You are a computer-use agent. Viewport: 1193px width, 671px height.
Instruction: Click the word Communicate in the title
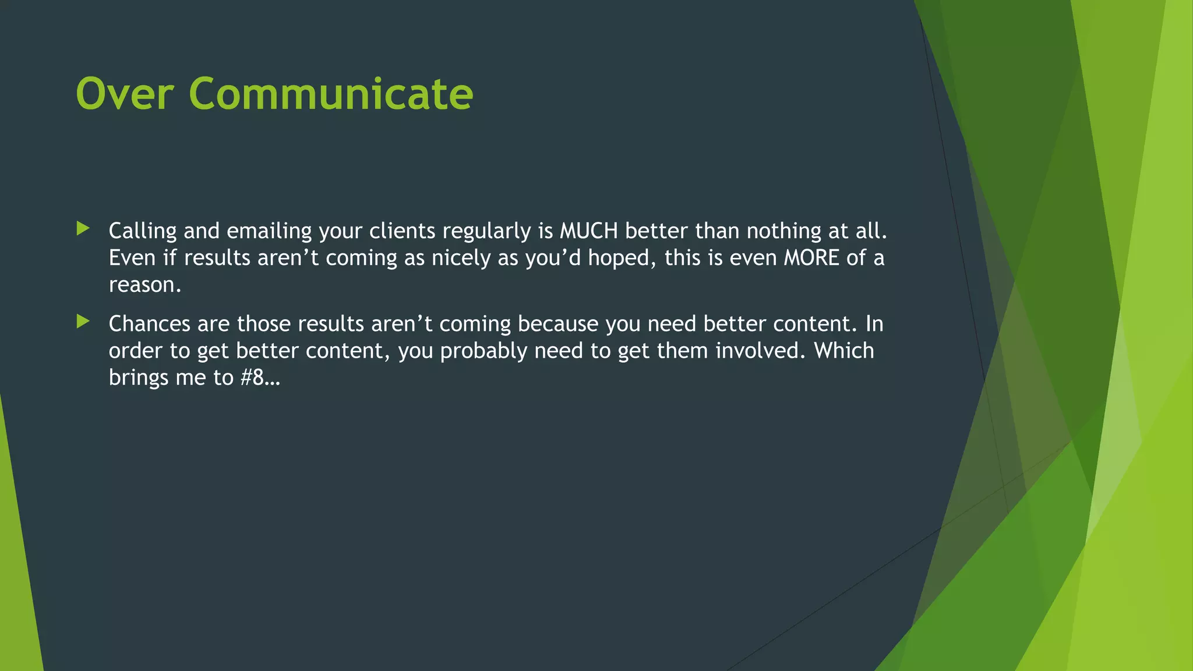(x=330, y=94)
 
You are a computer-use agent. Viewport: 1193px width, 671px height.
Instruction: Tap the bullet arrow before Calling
(x=83, y=229)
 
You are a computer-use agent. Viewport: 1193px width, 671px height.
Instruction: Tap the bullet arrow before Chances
(x=83, y=322)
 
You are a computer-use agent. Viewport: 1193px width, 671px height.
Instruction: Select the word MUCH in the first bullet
(x=588, y=231)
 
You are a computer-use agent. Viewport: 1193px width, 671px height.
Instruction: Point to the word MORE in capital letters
(x=811, y=258)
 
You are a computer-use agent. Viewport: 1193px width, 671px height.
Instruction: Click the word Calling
(x=143, y=231)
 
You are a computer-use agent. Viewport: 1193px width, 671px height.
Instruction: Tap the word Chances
(x=149, y=324)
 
